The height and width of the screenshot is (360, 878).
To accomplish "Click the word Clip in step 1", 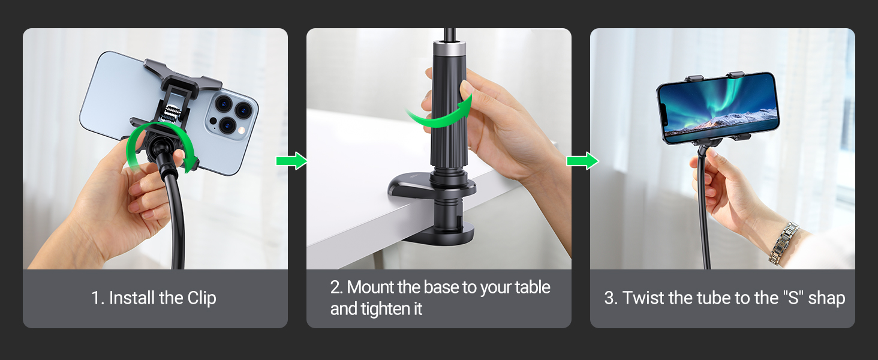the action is click(x=202, y=298).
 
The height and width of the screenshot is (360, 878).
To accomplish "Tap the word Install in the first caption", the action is click(x=132, y=298).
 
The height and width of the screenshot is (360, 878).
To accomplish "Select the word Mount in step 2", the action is click(x=371, y=287).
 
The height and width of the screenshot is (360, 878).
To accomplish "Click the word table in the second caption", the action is click(x=533, y=287).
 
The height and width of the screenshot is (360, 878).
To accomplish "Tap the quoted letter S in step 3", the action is click(x=793, y=298).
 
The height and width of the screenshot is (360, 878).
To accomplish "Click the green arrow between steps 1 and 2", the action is click(x=291, y=161).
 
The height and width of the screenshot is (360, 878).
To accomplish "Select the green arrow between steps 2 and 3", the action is click(x=583, y=161).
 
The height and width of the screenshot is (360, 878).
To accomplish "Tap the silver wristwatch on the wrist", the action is click(x=783, y=243).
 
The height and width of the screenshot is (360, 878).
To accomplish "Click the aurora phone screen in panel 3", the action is click(x=718, y=106).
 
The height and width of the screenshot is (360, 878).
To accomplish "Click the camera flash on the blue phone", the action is click(x=242, y=130).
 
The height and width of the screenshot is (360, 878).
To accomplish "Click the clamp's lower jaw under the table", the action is click(x=439, y=235).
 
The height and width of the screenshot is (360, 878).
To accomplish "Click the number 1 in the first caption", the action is click(x=95, y=298).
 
